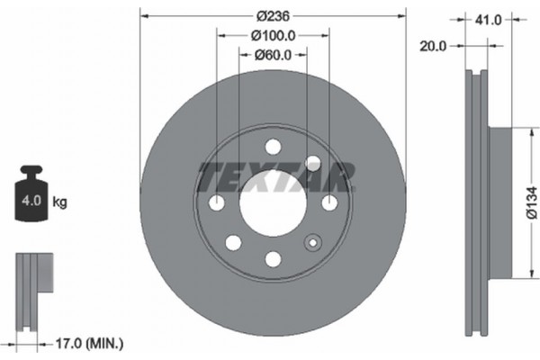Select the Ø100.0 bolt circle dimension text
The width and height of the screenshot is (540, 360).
272,35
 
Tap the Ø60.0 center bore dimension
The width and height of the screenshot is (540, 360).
272,55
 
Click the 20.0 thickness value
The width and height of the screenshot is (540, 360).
434,46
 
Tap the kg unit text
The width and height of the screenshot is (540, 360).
60,202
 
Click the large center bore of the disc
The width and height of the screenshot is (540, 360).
272,203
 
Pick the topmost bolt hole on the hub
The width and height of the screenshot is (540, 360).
273,148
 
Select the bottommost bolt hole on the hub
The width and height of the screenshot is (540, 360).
273,259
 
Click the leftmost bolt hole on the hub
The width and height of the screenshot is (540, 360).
216,203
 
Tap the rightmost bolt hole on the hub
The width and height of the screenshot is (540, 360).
328,203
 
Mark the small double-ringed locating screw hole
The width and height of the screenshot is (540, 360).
312,242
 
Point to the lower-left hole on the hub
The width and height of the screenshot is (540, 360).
233,242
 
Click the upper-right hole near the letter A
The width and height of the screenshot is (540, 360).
312,163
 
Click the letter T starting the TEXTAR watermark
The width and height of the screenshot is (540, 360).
209,176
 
